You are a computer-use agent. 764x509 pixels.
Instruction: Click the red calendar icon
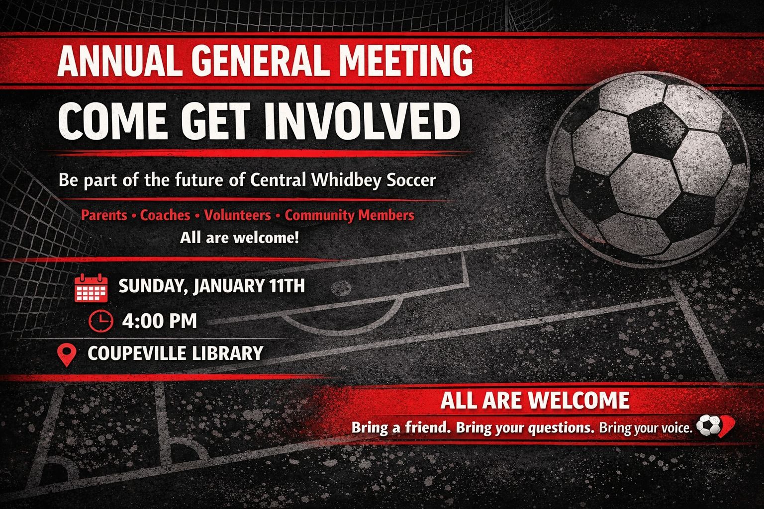click(91, 288)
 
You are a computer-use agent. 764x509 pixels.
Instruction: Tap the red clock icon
click(100, 321)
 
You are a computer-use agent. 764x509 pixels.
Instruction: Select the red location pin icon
click(67, 355)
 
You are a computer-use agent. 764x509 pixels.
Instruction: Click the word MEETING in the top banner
click(406, 61)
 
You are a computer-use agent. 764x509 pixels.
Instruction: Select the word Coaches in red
click(165, 215)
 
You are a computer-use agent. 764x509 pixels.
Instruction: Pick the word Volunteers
click(237, 215)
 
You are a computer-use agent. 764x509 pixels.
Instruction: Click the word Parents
click(103, 215)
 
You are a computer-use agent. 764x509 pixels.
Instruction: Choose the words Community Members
click(350, 215)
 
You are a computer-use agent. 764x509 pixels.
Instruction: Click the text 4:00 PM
click(160, 321)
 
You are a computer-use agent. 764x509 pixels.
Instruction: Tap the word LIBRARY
click(228, 353)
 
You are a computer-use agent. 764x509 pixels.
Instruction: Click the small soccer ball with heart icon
click(715, 426)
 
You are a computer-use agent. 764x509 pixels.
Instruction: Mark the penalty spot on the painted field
click(341, 288)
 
